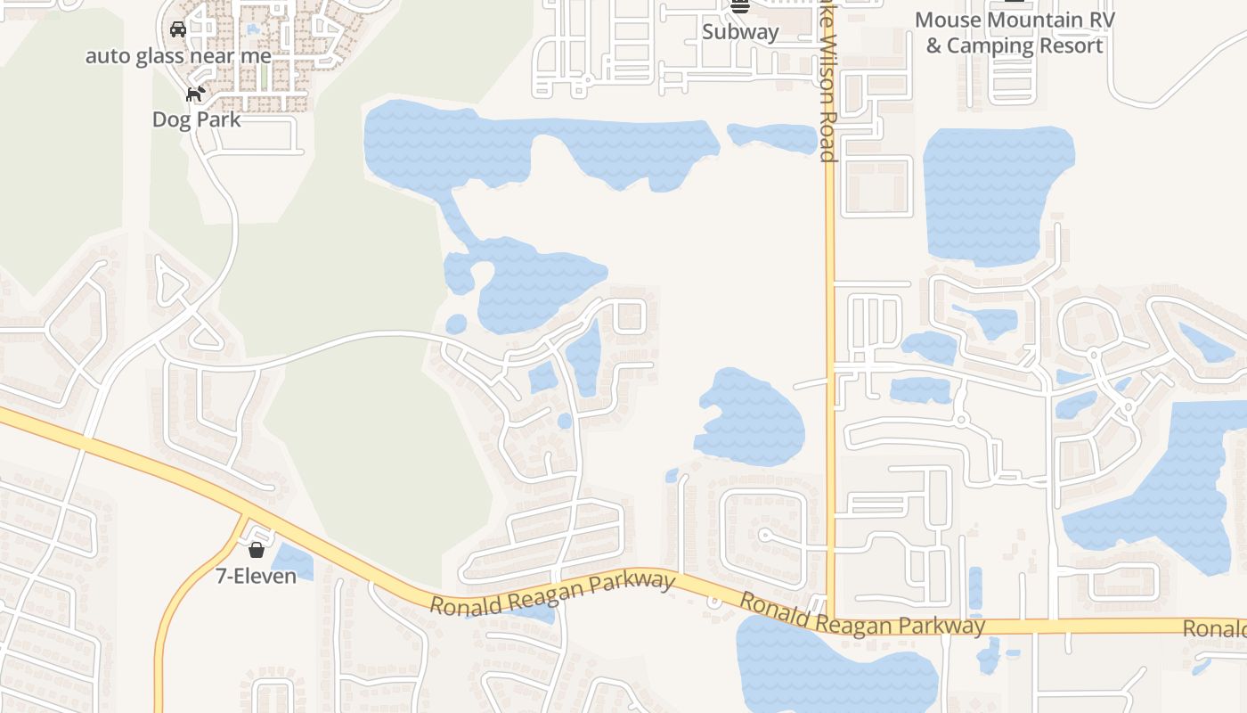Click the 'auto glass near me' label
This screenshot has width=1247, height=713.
click(x=178, y=56)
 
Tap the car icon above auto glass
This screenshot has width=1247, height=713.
click(x=178, y=29)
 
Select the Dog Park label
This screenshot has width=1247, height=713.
click(x=196, y=119)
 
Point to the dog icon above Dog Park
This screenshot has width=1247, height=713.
click(x=196, y=93)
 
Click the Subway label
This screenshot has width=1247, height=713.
click(x=740, y=32)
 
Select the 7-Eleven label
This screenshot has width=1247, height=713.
click(x=257, y=577)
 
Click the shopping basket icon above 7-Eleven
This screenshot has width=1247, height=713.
click(x=257, y=550)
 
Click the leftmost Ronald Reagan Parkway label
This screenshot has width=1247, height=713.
click(x=552, y=594)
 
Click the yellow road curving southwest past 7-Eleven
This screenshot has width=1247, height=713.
click(x=178, y=606)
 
